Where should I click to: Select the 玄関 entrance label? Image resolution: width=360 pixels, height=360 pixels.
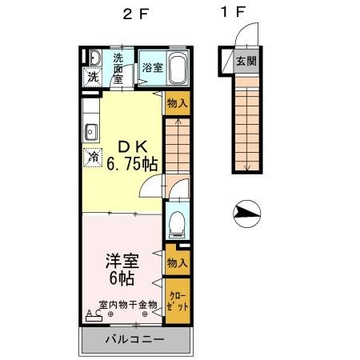(x=246, y=62)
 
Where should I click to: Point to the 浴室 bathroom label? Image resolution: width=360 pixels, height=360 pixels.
(x=153, y=68)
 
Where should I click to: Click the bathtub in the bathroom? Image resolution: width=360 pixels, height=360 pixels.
(x=178, y=67)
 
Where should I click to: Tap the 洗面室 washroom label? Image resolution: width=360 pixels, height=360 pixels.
(x=118, y=68)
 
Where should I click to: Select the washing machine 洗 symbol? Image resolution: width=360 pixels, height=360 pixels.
(x=93, y=78)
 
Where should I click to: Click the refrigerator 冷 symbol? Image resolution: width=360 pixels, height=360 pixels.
(x=94, y=157)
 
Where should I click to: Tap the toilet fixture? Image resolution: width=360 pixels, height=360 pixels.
(x=176, y=222)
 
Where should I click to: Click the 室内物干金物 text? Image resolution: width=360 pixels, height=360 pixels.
(x=127, y=304)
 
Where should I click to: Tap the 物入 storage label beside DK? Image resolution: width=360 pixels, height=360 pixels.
(x=177, y=102)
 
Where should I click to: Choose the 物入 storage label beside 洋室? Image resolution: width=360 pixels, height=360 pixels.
(x=177, y=262)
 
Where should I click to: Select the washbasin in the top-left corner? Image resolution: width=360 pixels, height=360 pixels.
(x=92, y=58)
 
